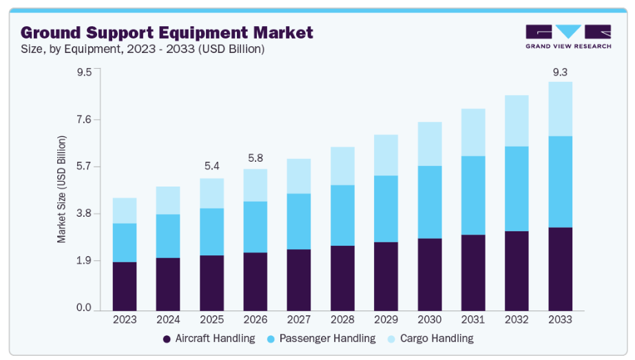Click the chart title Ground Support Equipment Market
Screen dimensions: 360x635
167,32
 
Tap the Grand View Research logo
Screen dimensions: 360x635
568,36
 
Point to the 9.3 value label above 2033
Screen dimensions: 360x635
560,72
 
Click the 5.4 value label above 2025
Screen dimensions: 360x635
212,166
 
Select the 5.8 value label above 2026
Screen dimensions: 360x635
256,158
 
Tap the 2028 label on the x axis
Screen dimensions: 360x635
343,320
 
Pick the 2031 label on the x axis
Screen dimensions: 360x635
473,320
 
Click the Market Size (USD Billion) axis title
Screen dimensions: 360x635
62,189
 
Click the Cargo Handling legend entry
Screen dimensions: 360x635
430,339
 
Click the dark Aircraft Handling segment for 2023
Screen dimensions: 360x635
125,286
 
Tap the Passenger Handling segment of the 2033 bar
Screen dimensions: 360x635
560,182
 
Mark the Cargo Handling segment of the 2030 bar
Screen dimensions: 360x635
430,144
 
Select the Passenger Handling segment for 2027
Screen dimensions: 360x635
299,221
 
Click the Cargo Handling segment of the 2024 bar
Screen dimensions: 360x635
168,200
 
